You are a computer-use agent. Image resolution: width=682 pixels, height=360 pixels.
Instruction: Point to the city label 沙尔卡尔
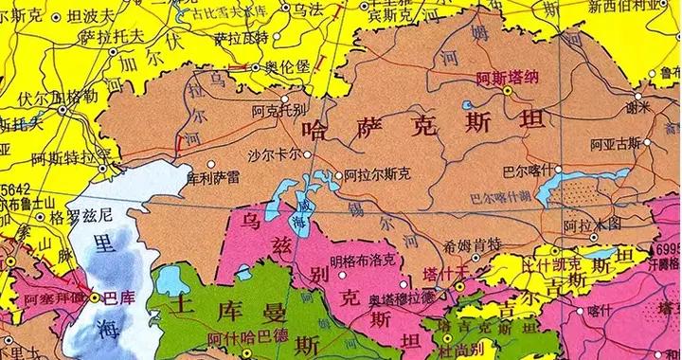click(275, 153)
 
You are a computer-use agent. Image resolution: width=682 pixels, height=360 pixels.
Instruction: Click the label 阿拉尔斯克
click(379, 174)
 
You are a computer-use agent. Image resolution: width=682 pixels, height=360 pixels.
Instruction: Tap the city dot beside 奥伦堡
click(254, 69)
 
